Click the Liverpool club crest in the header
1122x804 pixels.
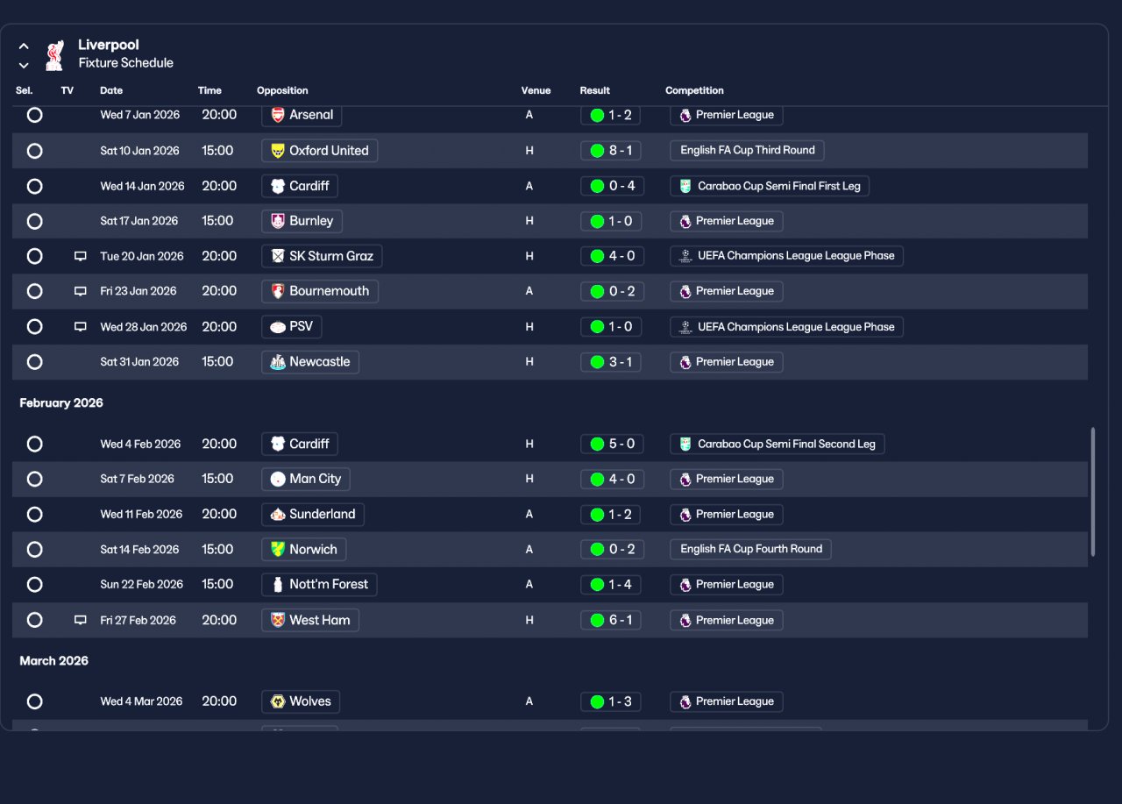point(54,54)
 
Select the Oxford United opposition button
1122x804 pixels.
point(320,151)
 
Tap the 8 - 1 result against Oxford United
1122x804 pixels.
point(611,151)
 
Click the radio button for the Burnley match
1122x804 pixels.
point(34,221)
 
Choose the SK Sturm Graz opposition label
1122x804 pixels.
point(322,256)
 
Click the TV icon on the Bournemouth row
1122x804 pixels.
point(81,291)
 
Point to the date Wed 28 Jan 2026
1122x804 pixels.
point(144,327)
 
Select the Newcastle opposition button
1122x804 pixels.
point(310,362)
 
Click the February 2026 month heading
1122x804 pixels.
point(61,403)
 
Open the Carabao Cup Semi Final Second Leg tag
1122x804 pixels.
point(778,445)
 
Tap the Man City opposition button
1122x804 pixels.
point(306,479)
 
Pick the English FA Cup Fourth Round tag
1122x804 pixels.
point(750,549)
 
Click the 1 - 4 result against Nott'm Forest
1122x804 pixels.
point(611,585)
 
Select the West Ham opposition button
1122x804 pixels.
point(310,620)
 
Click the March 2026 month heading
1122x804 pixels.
point(54,661)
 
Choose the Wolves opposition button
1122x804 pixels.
point(301,701)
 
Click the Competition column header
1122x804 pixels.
point(694,90)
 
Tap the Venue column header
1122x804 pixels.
point(536,90)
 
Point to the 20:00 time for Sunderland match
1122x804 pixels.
point(219,515)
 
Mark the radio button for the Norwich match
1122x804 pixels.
point(34,550)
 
